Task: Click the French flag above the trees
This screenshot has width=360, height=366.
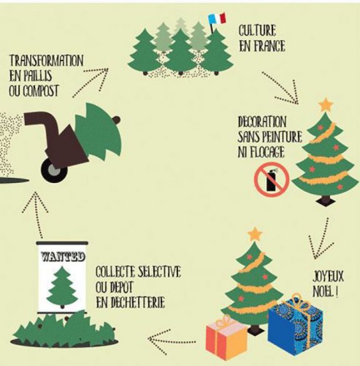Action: tap(217, 19)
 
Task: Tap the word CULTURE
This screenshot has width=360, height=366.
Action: tap(257, 31)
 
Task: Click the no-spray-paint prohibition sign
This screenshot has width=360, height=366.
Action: tap(272, 179)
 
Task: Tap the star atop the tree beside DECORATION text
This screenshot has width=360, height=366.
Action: tap(326, 105)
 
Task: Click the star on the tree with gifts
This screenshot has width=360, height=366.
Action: tap(254, 234)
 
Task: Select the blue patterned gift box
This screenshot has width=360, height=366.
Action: tap(295, 324)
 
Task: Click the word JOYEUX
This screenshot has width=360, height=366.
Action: tap(328, 277)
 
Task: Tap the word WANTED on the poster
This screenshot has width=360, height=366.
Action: tap(62, 257)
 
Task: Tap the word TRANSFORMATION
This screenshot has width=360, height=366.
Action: tap(46, 61)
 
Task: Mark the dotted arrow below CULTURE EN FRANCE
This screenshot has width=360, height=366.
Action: tap(281, 87)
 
